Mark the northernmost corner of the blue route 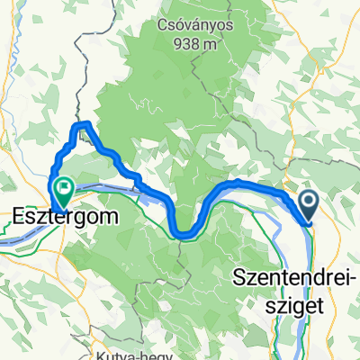(x=85, y=122)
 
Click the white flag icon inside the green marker (x=64, y=186)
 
